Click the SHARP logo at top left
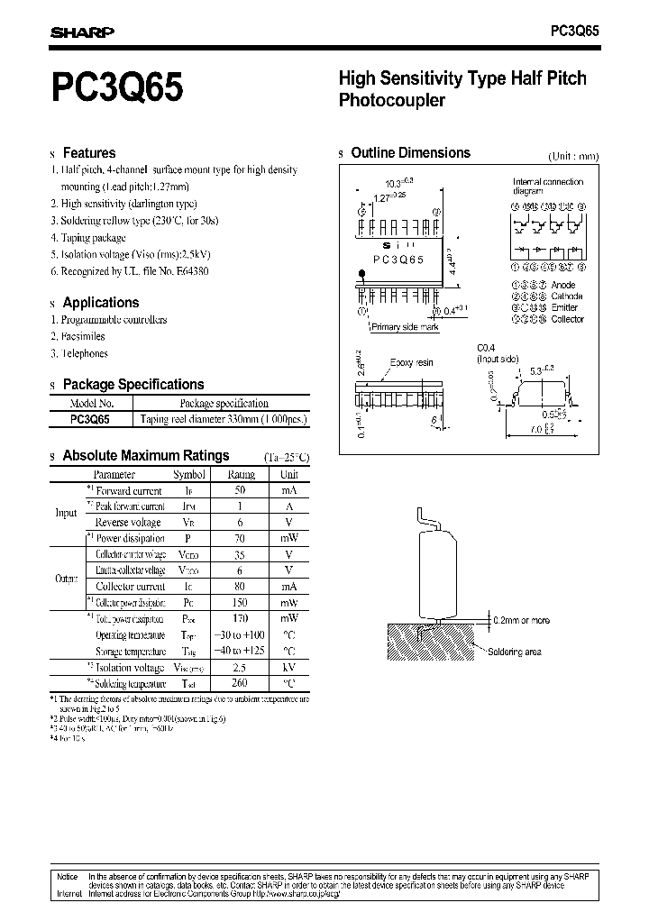point(81,33)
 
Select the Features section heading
point(88,153)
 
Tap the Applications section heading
point(101,303)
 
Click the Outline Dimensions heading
point(410,153)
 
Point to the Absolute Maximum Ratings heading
point(146,456)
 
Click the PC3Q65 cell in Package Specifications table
point(90,419)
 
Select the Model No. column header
point(91,404)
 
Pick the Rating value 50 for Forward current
point(241,490)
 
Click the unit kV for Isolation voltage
point(288,668)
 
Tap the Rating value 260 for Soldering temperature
point(241,683)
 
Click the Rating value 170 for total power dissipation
point(241,619)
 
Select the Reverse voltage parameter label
point(128,523)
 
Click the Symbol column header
point(189,474)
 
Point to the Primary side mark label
point(406,328)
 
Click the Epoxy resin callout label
point(411,362)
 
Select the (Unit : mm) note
point(573,156)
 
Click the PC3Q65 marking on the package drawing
point(398,259)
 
